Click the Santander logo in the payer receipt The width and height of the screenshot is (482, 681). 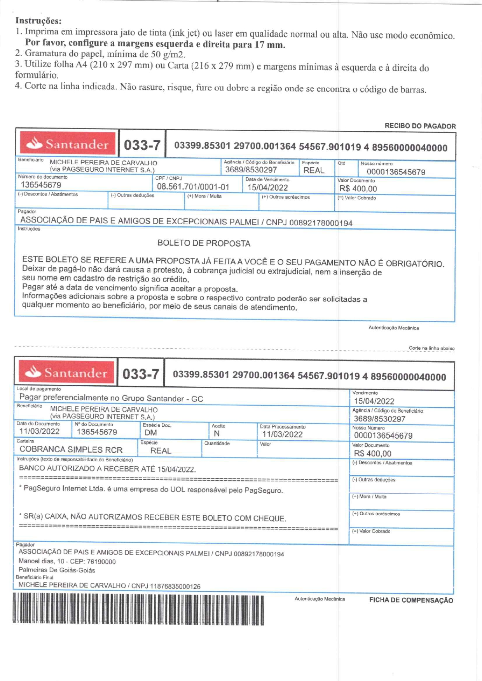pos(68,144)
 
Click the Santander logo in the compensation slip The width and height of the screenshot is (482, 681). pos(66,373)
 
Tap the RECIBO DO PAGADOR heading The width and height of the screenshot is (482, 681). pos(420,126)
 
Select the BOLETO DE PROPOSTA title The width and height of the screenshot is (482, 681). pos(204,243)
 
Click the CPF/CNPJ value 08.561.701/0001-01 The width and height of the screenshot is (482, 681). pos(193,187)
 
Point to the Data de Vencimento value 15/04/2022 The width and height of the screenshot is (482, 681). pos(267,188)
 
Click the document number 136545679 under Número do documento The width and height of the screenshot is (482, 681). pos(41,185)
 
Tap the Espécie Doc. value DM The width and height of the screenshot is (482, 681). pos(151,433)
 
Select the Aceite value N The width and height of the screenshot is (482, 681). pos(217,434)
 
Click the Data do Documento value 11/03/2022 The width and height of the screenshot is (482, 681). pos(39,431)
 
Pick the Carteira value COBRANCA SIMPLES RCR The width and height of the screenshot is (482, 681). pos(71,450)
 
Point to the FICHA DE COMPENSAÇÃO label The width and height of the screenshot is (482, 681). pos(411,600)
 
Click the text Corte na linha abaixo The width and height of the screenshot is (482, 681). pos(431,348)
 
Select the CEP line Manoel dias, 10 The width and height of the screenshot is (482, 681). pos(67,561)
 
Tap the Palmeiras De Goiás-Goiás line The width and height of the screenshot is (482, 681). pos(57,570)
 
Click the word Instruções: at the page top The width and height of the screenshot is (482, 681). pos(38,21)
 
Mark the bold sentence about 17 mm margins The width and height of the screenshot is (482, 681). pos(155,44)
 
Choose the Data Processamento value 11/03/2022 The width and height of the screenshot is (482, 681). pos(282,434)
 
